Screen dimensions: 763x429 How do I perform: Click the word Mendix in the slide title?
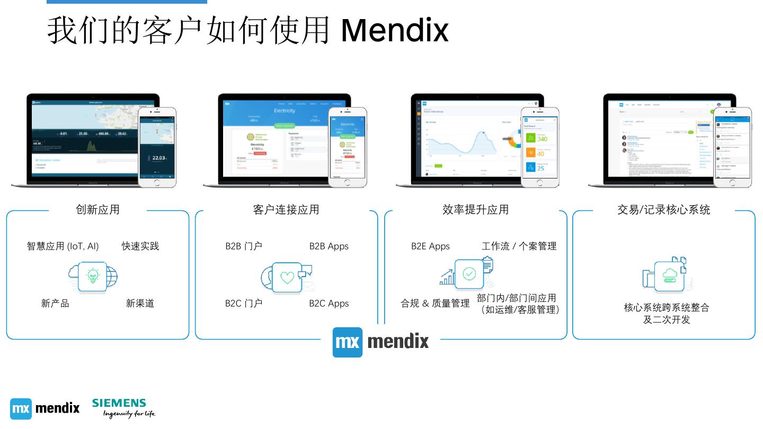[x=395, y=30]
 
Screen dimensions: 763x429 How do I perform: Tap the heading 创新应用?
[x=98, y=210]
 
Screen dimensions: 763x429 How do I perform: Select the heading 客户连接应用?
[x=286, y=210]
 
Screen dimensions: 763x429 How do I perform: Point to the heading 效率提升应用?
[x=475, y=210]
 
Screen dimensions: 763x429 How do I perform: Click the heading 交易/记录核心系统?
[x=663, y=210]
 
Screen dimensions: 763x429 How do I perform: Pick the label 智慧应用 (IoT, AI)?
[x=63, y=246]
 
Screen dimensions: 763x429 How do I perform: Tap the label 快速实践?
[x=140, y=246]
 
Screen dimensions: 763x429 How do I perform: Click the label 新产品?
[x=55, y=303]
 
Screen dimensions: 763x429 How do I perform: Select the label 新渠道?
[x=140, y=303]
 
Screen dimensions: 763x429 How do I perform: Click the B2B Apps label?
[x=329, y=246]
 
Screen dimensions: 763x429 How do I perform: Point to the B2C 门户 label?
[x=244, y=303]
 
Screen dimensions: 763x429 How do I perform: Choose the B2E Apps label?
[x=430, y=246]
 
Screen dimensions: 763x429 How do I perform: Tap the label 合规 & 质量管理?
[x=435, y=303]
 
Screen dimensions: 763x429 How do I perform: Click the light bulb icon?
[x=93, y=275]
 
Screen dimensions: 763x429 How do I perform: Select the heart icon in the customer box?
[x=287, y=277]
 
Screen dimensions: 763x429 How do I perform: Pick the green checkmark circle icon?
[x=469, y=274]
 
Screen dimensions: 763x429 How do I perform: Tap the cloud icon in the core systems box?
[x=670, y=275]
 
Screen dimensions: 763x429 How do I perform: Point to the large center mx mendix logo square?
[x=348, y=342]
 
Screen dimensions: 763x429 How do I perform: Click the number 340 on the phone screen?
[x=542, y=139]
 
